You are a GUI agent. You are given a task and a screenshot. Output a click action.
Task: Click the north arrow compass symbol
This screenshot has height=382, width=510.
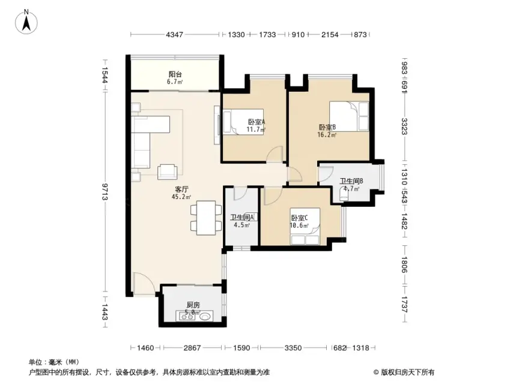(26, 22)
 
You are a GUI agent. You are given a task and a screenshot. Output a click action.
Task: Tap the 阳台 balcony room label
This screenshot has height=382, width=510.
(175, 74)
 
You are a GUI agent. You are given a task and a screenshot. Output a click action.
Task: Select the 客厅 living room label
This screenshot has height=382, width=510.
(181, 190)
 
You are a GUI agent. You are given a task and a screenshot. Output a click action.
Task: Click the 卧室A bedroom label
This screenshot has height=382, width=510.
(257, 122)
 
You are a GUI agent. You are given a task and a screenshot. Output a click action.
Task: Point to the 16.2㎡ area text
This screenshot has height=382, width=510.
(327, 134)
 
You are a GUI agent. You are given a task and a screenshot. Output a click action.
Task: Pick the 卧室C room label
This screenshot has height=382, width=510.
(299, 218)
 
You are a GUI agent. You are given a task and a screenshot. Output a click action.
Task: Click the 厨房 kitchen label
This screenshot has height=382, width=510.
(193, 305)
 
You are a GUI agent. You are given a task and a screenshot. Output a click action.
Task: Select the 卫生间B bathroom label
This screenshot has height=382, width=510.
(351, 181)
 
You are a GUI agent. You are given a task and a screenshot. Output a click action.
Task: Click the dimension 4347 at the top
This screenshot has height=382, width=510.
(175, 34)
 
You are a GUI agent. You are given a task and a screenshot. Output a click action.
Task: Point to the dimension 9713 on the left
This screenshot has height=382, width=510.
(105, 192)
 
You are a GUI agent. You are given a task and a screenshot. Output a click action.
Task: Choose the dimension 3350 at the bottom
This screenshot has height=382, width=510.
(293, 348)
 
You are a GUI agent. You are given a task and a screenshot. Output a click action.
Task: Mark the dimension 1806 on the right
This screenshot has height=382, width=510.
(404, 264)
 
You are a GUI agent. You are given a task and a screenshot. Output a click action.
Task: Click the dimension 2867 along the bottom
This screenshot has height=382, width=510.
(192, 348)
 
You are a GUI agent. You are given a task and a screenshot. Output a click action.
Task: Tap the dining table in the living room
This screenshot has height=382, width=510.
(206, 218)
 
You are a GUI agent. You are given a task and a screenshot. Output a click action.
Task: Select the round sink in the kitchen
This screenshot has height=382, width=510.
(205, 315)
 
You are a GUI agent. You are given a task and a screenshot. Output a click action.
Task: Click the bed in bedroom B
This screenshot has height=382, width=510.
(349, 116)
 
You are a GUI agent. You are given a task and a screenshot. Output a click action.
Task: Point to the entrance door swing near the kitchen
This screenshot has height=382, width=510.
(143, 284)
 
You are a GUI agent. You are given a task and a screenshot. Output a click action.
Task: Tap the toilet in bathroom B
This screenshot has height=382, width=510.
(344, 194)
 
